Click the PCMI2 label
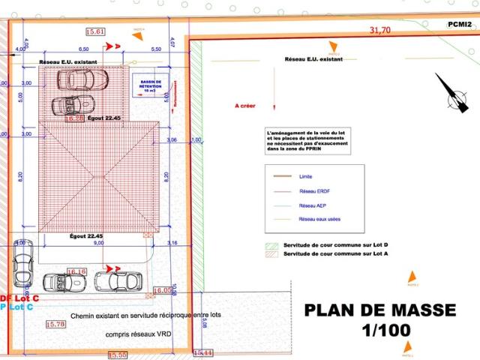tap(459, 24)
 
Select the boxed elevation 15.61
tap(96, 31)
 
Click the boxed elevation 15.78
tap(55, 324)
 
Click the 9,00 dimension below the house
tap(97, 242)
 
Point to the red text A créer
tap(245, 106)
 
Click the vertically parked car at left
tap(22, 267)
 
